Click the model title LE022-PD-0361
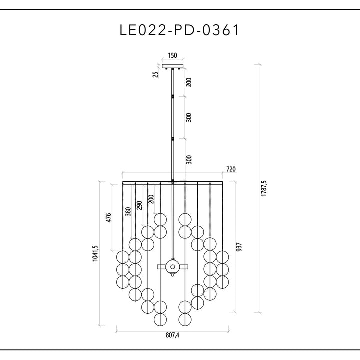[179, 30]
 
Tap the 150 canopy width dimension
[172, 55]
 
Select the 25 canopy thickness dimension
[155, 74]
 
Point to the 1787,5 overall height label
[264, 188]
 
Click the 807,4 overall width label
[172, 335]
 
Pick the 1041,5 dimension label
[95, 253]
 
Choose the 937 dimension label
[239, 247]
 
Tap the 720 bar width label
[231, 169]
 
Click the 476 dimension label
[108, 217]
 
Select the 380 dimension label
[128, 211]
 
